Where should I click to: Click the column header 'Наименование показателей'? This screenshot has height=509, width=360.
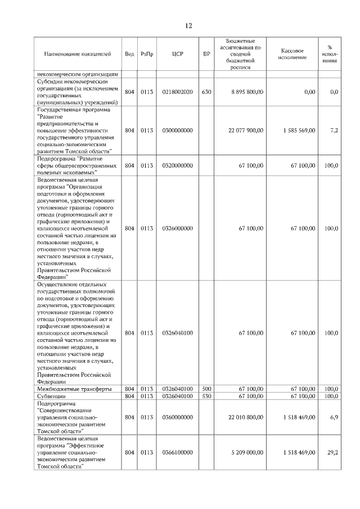coord(77,54)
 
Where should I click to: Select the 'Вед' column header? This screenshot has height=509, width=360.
coord(129,54)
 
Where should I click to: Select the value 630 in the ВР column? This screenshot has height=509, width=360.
coord(206,92)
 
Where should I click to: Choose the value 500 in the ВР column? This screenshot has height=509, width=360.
coord(206,389)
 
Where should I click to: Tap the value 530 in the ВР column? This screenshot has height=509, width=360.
coord(206,396)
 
